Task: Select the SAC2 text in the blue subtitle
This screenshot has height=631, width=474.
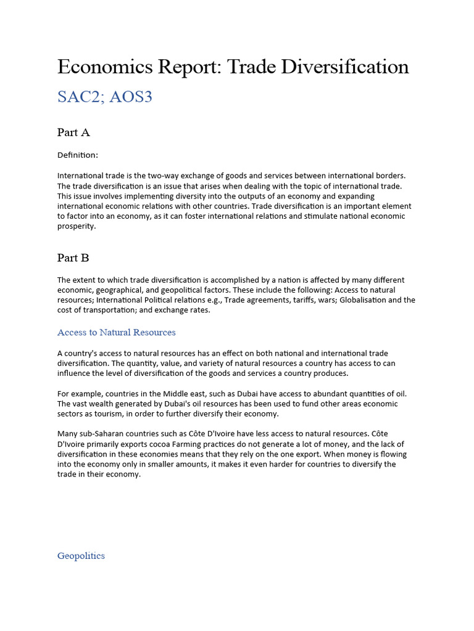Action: point(79,97)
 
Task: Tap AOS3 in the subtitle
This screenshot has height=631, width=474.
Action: point(131,97)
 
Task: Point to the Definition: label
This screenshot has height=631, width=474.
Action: point(78,155)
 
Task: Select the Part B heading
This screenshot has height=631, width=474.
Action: point(73,258)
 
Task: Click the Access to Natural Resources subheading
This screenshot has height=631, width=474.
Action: point(116,332)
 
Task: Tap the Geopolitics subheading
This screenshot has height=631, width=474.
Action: point(81,556)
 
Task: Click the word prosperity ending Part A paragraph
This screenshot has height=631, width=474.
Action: point(77,226)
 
